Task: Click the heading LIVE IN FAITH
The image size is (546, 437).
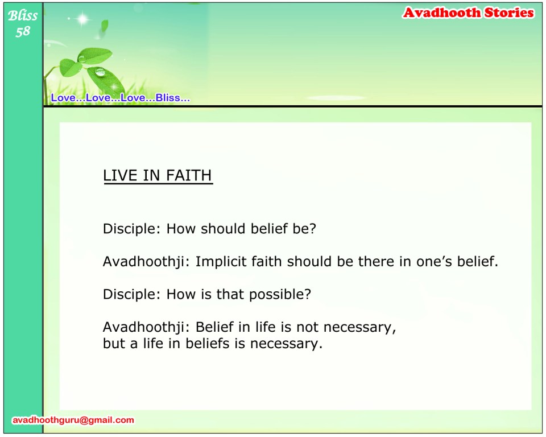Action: click(x=158, y=175)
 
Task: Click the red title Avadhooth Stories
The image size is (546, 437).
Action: click(x=468, y=13)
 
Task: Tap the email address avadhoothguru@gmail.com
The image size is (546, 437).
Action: click(x=73, y=420)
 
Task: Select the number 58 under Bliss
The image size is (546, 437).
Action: click(x=23, y=31)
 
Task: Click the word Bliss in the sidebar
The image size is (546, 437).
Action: click(x=23, y=15)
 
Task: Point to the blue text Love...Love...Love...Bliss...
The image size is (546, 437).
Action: click(x=121, y=97)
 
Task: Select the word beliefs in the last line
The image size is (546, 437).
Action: click(x=208, y=343)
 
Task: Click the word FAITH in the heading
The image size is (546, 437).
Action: click(x=189, y=175)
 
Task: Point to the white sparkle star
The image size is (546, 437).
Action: click(x=82, y=19)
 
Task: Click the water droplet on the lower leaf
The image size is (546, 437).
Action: click(x=100, y=72)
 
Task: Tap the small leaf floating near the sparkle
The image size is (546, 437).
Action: click(x=105, y=25)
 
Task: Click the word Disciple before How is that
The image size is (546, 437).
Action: click(x=131, y=295)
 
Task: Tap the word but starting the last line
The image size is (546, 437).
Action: click(x=114, y=343)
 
